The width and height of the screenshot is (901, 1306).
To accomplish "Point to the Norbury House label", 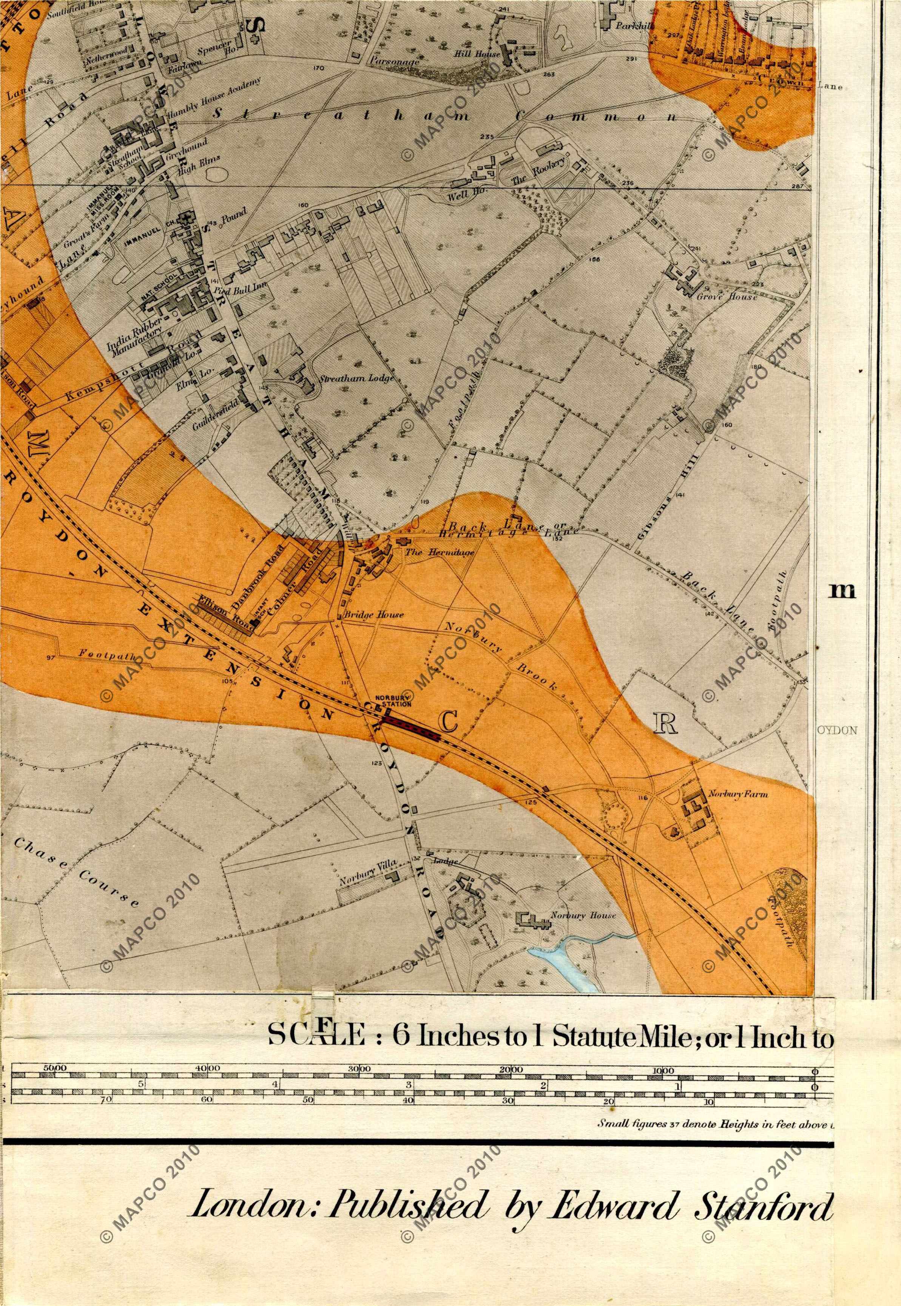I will (x=583, y=915).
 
